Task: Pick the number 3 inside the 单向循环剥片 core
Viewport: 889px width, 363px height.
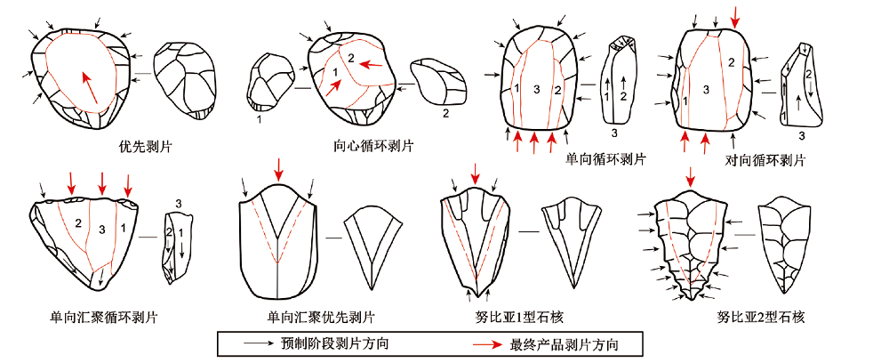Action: pyautogui.click(x=536, y=90)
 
